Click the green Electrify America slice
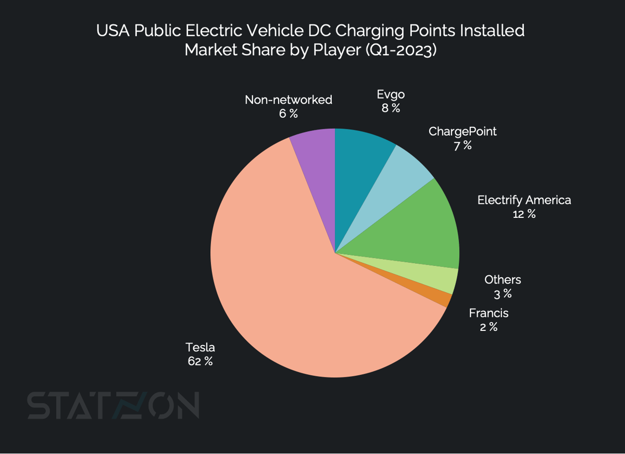point(422,229)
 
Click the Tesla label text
point(200,348)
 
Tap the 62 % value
point(200,361)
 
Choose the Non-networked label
point(288,100)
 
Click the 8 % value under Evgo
point(390,108)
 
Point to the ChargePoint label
point(462,131)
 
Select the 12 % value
point(523,214)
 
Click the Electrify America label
point(524,200)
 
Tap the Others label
point(502,280)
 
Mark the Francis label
point(488,313)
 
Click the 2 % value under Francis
point(488,327)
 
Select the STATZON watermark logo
point(113,406)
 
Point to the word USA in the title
point(113,31)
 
